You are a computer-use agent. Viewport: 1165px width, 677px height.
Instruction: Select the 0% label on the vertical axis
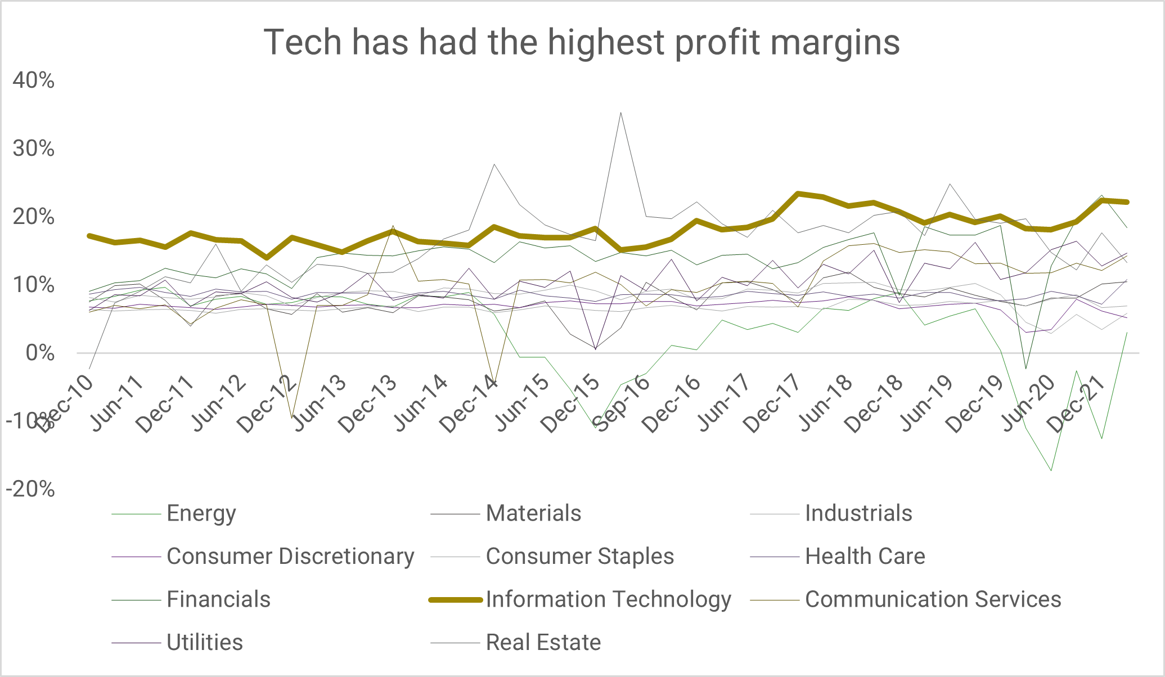(40, 353)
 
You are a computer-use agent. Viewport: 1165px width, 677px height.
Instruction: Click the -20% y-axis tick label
(30, 489)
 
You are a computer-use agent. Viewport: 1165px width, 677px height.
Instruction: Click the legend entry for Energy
(201, 513)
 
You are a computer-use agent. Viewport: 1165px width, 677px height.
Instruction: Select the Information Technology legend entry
(608, 599)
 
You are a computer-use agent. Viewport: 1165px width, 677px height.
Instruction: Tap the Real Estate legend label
(543, 642)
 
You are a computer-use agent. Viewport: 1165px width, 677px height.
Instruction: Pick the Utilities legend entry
(205, 642)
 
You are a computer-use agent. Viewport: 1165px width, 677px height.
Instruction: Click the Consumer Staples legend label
(579, 556)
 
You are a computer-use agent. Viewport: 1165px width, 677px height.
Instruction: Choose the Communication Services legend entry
(933, 599)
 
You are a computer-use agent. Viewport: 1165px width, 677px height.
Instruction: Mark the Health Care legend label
(865, 556)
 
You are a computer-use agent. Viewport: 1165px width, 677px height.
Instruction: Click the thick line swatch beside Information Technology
(455, 600)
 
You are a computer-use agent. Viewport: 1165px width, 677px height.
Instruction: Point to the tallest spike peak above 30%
(620, 113)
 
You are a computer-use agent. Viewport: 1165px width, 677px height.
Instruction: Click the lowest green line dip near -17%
(1051, 470)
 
